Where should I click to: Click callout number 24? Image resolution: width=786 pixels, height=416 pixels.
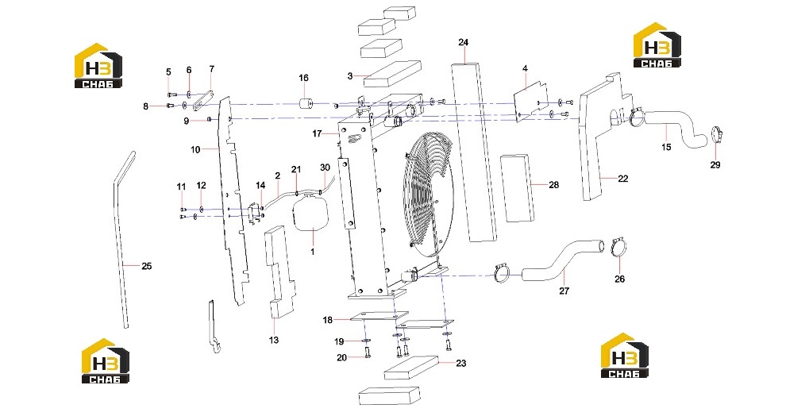[x=463, y=42]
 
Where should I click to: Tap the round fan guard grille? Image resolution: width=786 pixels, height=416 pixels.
[x=428, y=191]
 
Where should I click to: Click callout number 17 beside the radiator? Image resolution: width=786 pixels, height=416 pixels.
[x=317, y=134]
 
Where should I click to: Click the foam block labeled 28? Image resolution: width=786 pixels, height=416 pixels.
[x=516, y=188]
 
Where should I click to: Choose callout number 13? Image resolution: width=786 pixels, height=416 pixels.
[x=274, y=340]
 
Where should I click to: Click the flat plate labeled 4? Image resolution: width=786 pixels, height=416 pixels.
[x=531, y=102]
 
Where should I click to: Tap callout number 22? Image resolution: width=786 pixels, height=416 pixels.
[x=622, y=179]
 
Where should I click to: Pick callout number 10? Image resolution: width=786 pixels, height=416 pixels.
[x=195, y=149]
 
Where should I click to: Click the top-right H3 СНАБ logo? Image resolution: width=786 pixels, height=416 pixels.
[x=657, y=45]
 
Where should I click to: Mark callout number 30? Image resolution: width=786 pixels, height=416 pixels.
[x=325, y=168]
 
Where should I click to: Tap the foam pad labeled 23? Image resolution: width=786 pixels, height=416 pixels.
[x=411, y=368]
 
